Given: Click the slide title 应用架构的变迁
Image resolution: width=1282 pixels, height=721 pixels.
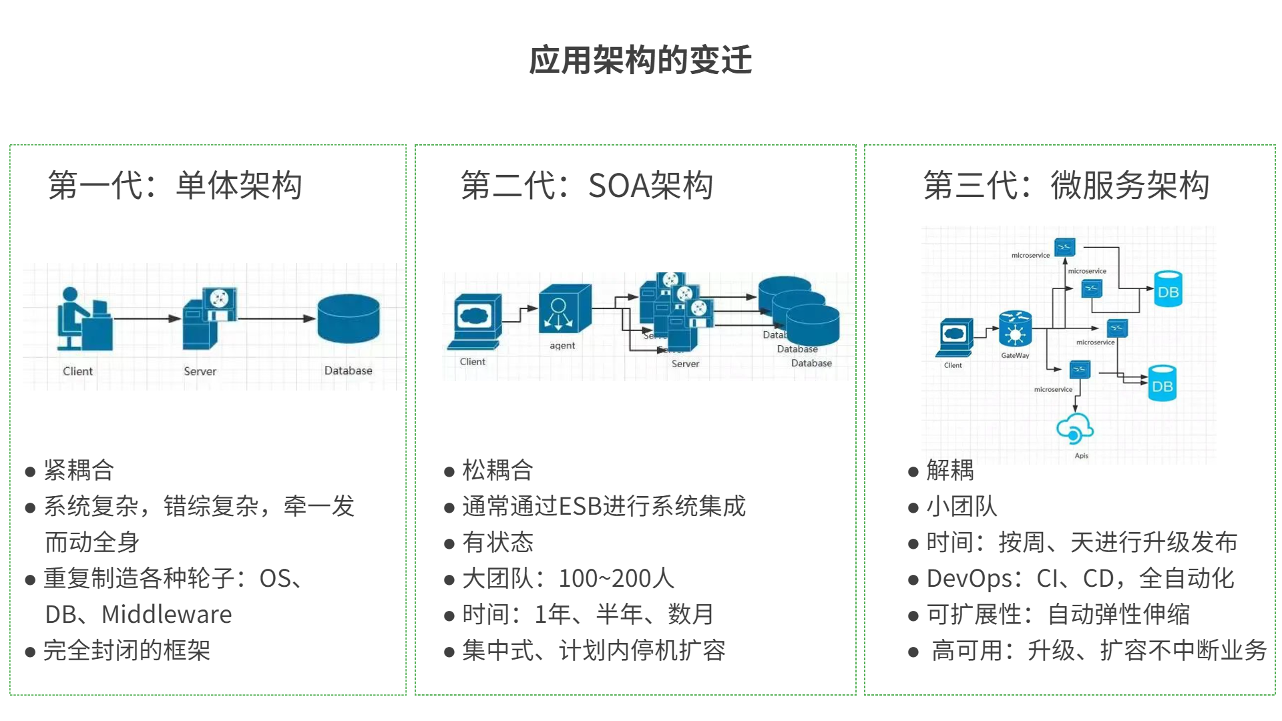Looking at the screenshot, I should coord(640,60).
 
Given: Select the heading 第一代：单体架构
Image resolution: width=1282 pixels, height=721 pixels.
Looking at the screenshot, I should coord(175,186).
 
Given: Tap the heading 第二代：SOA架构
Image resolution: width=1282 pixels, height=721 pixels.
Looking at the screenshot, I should coord(587,186).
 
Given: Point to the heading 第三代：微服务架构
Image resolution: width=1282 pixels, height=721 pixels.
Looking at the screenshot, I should coord(1066,186).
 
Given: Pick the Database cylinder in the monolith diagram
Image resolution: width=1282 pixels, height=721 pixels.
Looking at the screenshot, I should coord(349,318).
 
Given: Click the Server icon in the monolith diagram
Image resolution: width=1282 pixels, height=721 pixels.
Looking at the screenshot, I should coord(210,318).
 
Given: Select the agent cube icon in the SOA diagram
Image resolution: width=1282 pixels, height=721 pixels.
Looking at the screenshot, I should coord(564,309).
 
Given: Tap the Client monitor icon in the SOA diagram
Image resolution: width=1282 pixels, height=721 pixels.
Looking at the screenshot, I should coord(475,320).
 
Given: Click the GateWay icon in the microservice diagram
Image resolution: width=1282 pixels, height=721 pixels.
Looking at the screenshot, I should coord(1015,328).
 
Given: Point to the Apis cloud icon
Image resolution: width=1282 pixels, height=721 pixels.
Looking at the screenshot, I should coord(1074,429).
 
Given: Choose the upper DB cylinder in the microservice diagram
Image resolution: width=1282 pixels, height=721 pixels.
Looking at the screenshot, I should coord(1168,289).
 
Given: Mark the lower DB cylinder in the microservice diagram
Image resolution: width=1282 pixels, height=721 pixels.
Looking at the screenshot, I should coord(1162,383).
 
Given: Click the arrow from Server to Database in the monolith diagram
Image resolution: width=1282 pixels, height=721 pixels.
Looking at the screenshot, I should coord(276,318).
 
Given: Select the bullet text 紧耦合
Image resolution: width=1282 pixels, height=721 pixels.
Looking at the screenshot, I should coord(79,470).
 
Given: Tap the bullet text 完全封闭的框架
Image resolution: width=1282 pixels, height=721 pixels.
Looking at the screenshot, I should coord(127,650).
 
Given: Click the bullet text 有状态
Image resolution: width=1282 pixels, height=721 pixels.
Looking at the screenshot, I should coord(497,542).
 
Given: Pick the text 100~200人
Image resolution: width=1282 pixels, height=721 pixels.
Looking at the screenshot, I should coord(616,578).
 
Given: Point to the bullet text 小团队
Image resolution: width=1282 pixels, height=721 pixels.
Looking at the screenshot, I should coord(961,506).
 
